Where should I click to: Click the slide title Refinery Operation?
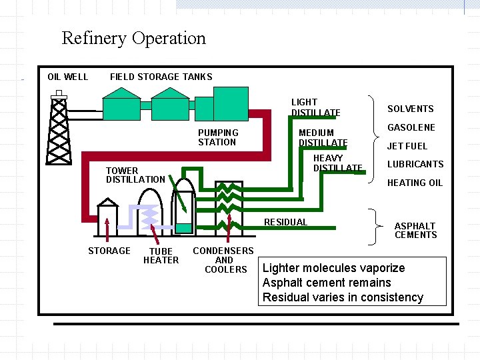point(133,38)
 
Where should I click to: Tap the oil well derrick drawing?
point(59,127)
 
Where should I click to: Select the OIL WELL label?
point(67,77)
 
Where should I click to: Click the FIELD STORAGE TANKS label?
point(161,77)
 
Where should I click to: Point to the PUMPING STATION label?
point(217,137)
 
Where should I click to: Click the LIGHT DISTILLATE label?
point(315,107)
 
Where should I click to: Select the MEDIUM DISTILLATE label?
point(323,137)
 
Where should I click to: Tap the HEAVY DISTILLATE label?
point(337,163)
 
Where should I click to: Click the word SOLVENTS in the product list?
point(410,109)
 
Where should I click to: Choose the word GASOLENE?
point(411,127)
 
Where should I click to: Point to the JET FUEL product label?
point(407,146)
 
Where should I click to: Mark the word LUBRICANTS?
point(415,164)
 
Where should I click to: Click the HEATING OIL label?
point(415,183)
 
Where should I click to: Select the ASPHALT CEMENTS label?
point(415,230)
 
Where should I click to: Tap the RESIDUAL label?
point(285,222)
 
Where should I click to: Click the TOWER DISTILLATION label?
point(135,175)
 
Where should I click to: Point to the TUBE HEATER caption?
point(161,255)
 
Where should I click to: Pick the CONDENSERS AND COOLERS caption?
point(223,260)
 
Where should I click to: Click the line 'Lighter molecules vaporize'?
point(333,268)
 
